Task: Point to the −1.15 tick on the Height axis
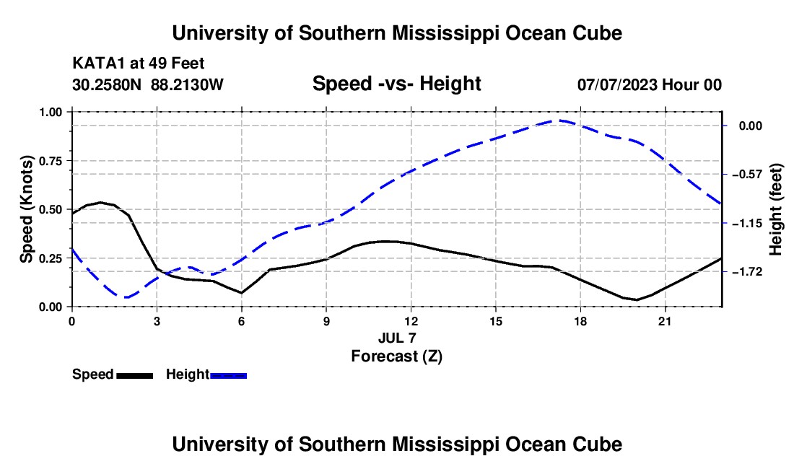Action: (x=747, y=223)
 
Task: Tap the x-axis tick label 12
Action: (x=411, y=321)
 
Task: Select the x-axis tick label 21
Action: (x=665, y=321)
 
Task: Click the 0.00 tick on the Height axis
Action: (x=751, y=126)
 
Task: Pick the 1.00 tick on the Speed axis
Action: (x=51, y=112)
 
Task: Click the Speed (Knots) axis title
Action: (x=26, y=209)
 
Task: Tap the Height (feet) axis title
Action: (x=775, y=209)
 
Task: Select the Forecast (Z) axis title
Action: (x=397, y=356)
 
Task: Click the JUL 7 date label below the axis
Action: (x=397, y=338)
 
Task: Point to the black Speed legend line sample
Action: (x=135, y=375)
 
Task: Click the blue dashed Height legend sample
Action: (x=228, y=375)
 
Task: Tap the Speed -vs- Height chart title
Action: (x=397, y=84)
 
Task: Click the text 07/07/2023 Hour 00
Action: (x=650, y=84)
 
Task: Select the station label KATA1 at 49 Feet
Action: (x=139, y=63)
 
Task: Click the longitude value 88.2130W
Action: (x=187, y=84)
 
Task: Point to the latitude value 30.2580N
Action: (x=107, y=84)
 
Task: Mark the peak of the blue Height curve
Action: (x=558, y=120)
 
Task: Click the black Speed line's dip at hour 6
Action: (x=242, y=292)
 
